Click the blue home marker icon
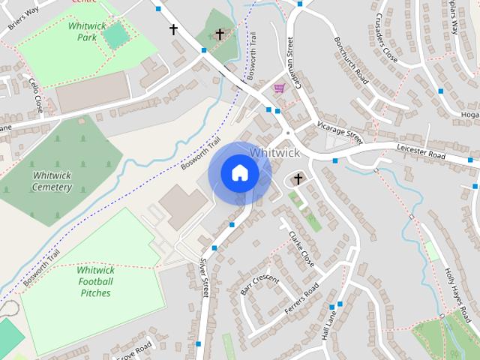pos(239,172)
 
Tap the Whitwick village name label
pos(274,152)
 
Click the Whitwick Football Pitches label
pos(95,281)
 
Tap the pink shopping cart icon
pos(280,88)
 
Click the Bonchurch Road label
pos(352,59)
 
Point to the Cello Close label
pos(34,96)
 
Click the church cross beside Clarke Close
pos(298,178)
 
